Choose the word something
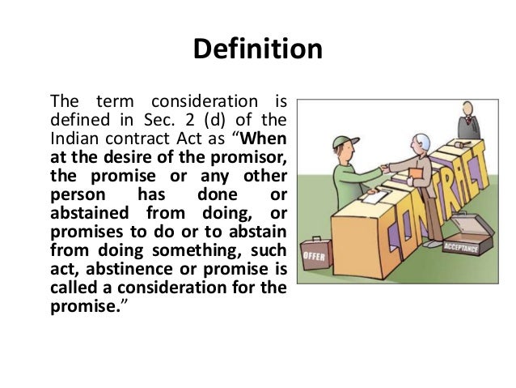(209, 249)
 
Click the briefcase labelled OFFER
(315, 257)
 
